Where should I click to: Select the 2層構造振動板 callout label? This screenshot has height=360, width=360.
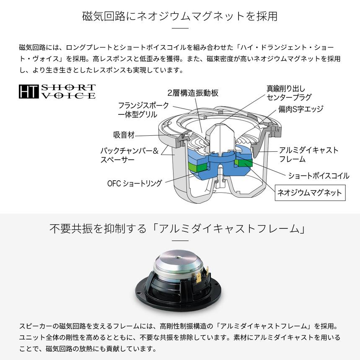coord(193,93)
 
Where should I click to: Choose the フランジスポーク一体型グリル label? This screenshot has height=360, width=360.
coord(143,109)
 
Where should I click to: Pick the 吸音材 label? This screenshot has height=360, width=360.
coord(124,135)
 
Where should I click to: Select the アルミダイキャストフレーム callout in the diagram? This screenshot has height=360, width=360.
coord(308,155)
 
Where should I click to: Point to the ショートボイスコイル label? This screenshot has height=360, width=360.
coord(318,176)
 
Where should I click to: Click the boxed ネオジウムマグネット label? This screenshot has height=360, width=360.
coord(310,193)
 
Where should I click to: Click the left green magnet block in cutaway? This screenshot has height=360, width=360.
coord(198,167)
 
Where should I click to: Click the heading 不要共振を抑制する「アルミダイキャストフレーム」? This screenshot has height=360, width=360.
coord(180,229)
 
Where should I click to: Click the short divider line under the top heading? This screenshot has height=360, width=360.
coord(180,28)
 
